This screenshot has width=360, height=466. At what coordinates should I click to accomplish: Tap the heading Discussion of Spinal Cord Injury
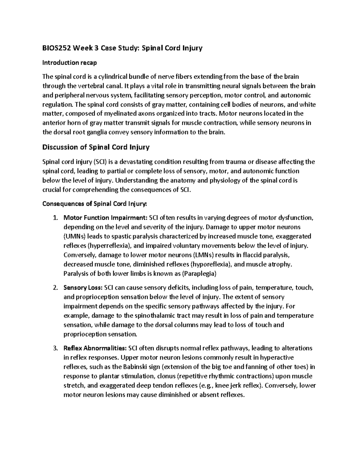tap(96, 147)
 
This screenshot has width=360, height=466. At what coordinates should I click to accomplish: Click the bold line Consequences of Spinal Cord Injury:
tap(95, 204)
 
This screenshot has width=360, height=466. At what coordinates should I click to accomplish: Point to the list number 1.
tap(55, 218)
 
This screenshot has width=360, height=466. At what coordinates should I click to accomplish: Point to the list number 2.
tap(55, 288)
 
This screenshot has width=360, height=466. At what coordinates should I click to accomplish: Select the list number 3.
tap(55, 348)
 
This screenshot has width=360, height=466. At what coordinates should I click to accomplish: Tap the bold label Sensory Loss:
tap(83, 288)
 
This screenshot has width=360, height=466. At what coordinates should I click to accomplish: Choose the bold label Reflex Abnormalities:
tap(95, 348)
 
